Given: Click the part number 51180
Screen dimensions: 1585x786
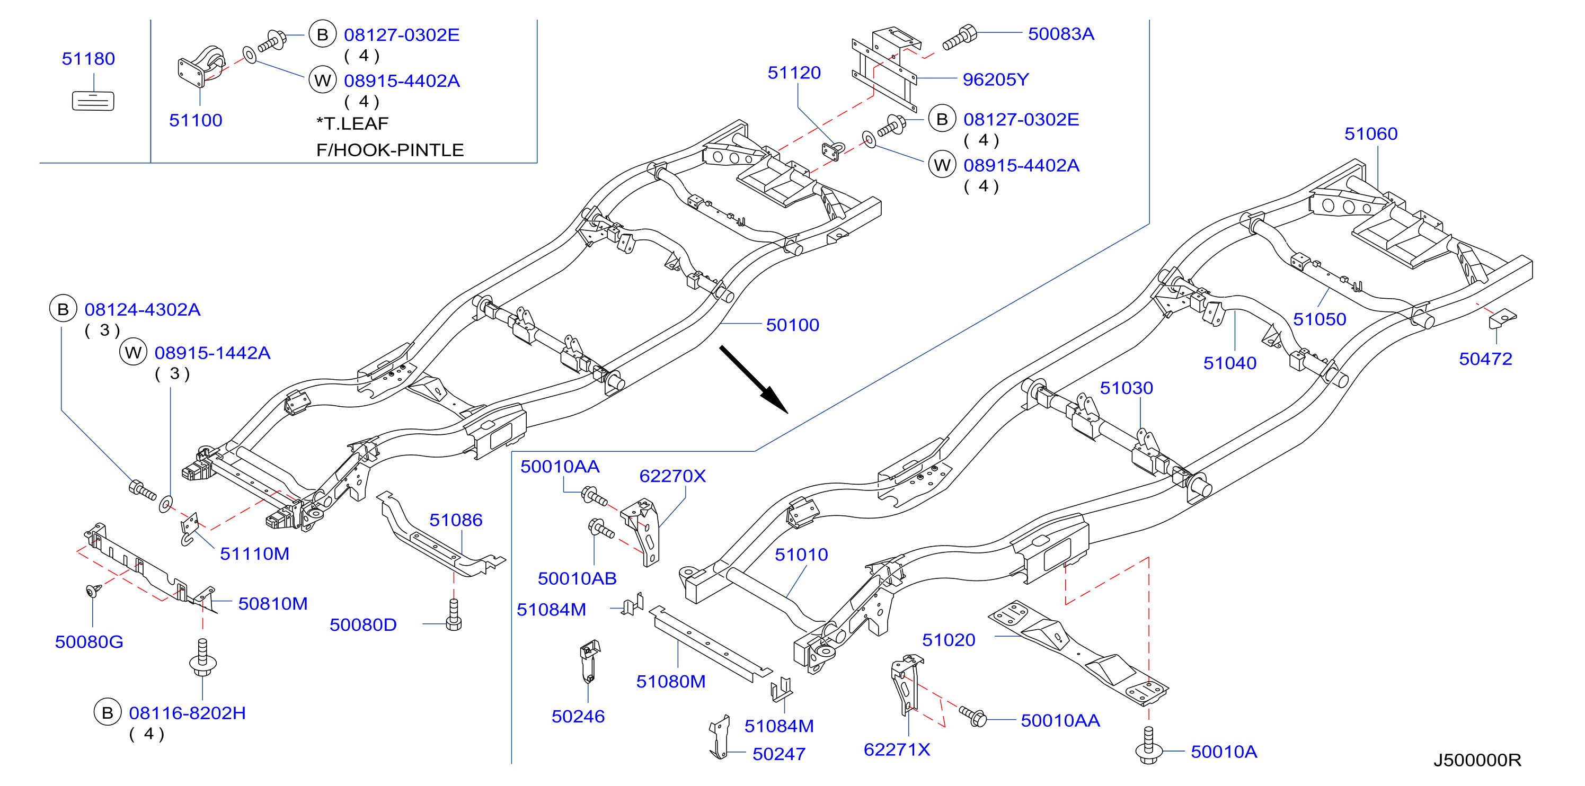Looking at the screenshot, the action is pos(88,59).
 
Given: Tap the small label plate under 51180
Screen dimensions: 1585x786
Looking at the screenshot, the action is pos(93,101).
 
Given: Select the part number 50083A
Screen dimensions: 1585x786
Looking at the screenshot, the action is pos(1061,34).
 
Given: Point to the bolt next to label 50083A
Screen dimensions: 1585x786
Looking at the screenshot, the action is pos(959,38).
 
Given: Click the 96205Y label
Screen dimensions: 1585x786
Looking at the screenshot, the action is pos(995,79).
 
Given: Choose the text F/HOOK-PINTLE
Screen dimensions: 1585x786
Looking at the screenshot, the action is pos(389,150).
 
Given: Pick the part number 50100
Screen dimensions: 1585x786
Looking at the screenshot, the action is pos(793,325).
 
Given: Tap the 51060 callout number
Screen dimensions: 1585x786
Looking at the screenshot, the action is pos(1371,133).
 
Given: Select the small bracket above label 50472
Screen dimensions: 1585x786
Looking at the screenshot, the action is pos(1502,318).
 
